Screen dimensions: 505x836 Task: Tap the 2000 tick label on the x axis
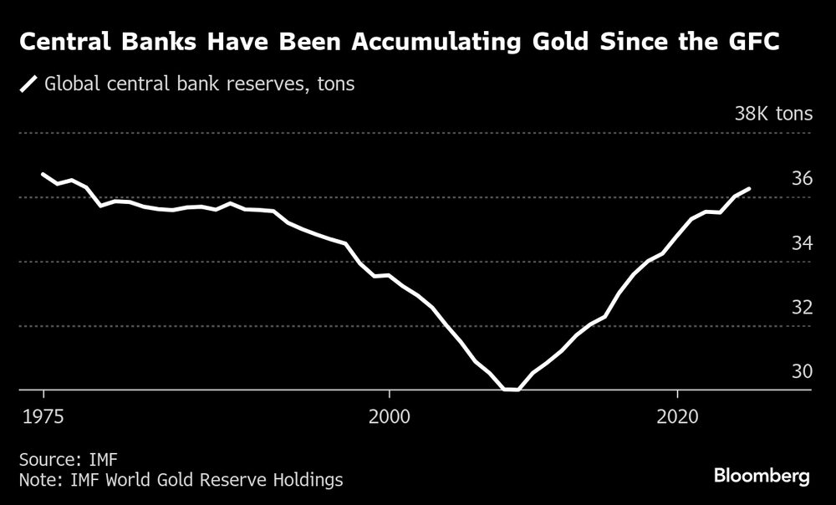(390, 415)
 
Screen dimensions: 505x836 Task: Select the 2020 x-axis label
(677, 415)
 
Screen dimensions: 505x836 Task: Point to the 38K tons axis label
(772, 114)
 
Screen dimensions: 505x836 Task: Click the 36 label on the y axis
(801, 178)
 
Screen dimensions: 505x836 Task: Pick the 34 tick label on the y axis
(801, 242)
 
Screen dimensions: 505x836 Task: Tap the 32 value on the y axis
(801, 307)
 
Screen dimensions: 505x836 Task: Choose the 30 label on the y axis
(801, 371)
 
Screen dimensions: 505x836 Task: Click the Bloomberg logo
(762, 476)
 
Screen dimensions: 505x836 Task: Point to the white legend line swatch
(29, 84)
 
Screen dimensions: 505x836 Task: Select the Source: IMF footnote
(57, 459)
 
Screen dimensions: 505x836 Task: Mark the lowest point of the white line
(511, 389)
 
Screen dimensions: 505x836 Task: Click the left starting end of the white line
(43, 174)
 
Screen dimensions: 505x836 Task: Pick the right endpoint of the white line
(749, 189)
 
